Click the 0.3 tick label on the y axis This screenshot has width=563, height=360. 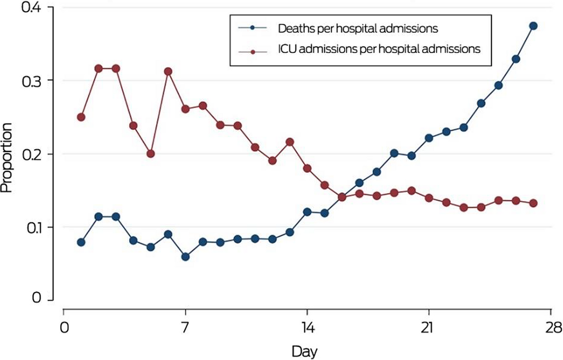click(31, 80)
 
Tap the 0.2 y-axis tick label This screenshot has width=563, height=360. click(31, 154)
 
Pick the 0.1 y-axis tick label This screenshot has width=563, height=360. click(31, 227)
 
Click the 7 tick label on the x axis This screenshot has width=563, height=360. click(185, 328)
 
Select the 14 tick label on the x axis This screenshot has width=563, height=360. click(306, 328)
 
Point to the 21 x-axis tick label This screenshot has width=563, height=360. click(428, 328)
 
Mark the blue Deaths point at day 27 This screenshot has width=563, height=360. click(533, 26)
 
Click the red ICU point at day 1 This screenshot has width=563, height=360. click(81, 117)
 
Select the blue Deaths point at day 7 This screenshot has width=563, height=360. click(185, 257)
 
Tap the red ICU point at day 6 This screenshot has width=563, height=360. click(168, 71)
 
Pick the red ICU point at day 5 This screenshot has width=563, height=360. click(150, 154)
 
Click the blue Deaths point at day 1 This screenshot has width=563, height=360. click(81, 242)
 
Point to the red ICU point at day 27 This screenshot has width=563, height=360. click(533, 203)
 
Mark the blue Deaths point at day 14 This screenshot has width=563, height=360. click(306, 212)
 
